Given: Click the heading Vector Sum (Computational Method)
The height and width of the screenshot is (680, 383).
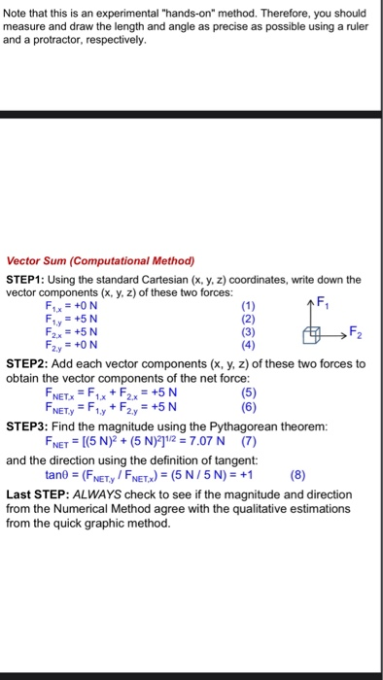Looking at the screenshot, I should (x=101, y=261).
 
